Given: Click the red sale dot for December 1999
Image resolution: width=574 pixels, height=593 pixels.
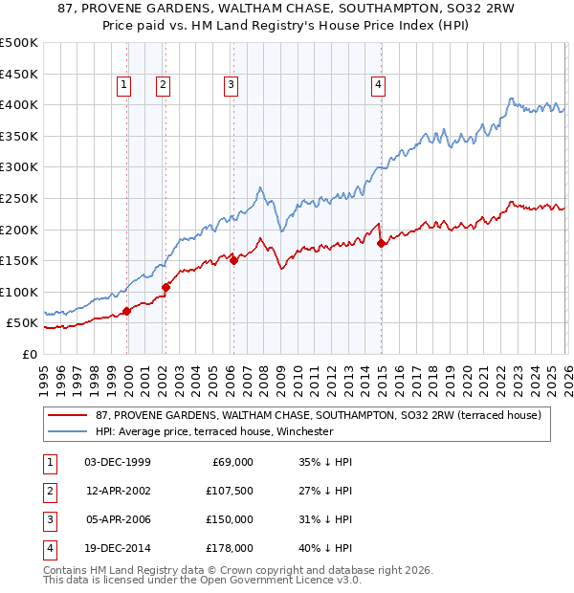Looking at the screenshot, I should (127, 311).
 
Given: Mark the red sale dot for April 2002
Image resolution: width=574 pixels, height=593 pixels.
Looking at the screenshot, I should (166, 287).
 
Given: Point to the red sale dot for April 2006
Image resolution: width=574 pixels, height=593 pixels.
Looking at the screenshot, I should (234, 260).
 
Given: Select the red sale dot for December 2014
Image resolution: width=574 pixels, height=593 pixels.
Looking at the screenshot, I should (382, 243).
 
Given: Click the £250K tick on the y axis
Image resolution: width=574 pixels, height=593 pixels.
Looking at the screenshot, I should (20, 198).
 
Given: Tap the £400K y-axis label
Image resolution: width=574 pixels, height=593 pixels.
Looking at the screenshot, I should (20, 104).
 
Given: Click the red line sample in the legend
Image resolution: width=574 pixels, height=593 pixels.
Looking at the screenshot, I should (68, 415).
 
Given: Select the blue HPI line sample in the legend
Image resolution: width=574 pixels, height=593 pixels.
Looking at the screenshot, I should (68, 432).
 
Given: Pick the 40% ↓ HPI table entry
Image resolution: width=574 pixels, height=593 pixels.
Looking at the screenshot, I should (325, 548).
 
